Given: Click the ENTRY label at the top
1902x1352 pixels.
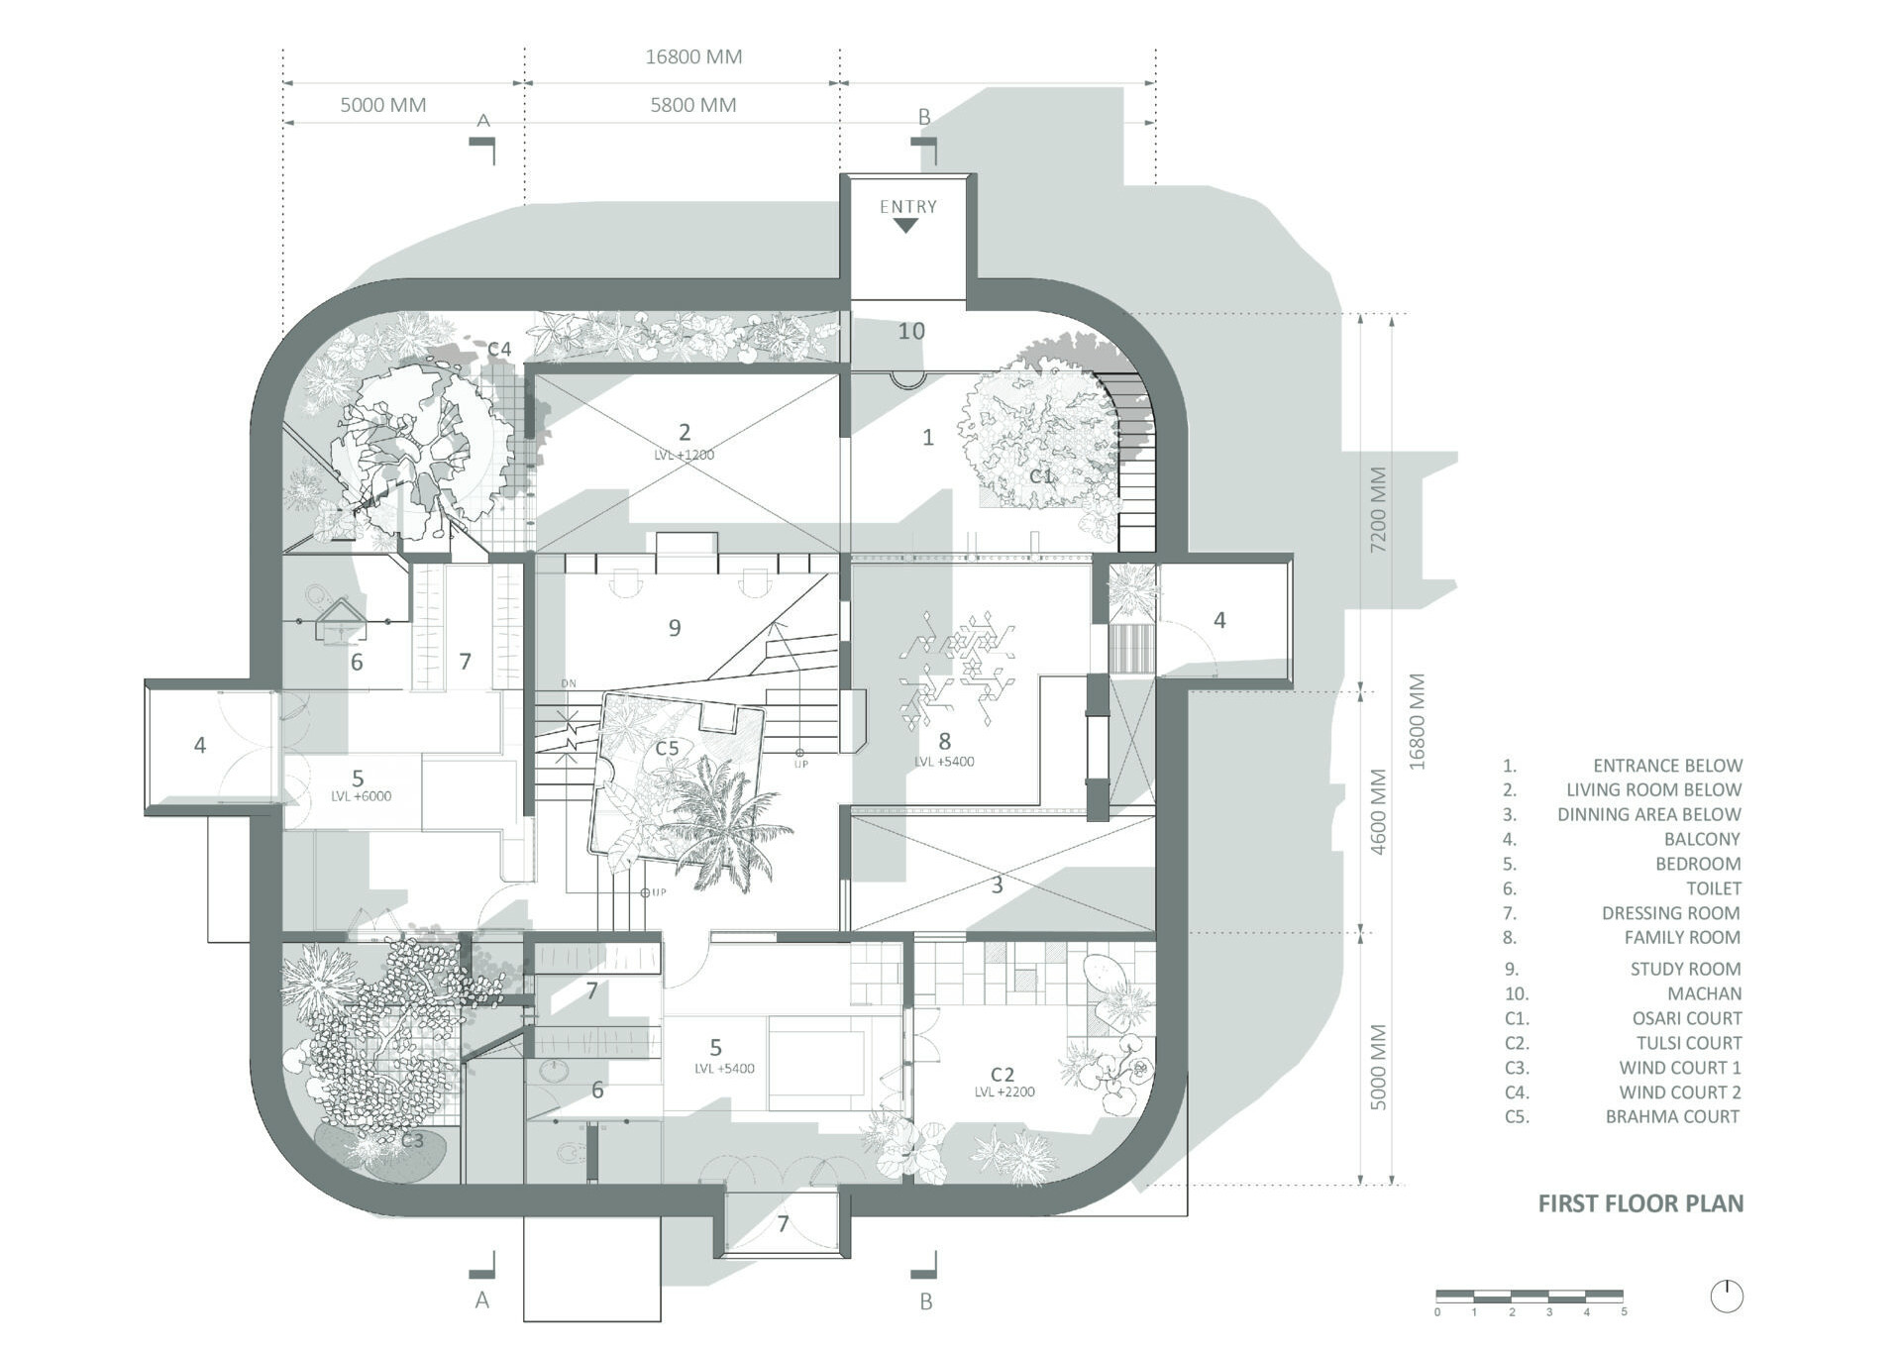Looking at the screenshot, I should point(907,207).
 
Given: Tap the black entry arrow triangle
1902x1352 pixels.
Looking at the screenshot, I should point(905,226).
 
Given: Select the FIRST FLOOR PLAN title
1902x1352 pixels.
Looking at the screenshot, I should point(1640,1203).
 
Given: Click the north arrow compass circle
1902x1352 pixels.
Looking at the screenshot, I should point(1727,1297).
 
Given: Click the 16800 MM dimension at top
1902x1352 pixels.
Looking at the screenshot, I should point(693,57).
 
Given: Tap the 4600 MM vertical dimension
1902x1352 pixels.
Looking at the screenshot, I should point(1378,812).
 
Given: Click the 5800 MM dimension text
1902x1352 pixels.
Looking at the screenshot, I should point(692,105).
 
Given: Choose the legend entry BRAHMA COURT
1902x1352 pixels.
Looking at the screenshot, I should point(1672,1116).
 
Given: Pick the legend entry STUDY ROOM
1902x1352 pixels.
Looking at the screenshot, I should point(1685,969).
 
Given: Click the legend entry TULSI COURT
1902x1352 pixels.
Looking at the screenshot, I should point(1688,1043).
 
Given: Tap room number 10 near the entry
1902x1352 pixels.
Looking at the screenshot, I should point(911,331).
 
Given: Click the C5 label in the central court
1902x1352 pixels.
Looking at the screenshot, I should point(667,748).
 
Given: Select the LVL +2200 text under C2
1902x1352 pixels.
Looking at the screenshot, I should point(1004,1092).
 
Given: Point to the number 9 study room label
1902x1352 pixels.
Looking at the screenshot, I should point(675,627).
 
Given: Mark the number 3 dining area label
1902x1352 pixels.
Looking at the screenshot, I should point(998,884).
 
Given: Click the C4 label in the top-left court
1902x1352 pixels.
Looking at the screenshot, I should point(499,349).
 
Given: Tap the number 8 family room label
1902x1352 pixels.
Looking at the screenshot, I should point(944,741).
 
